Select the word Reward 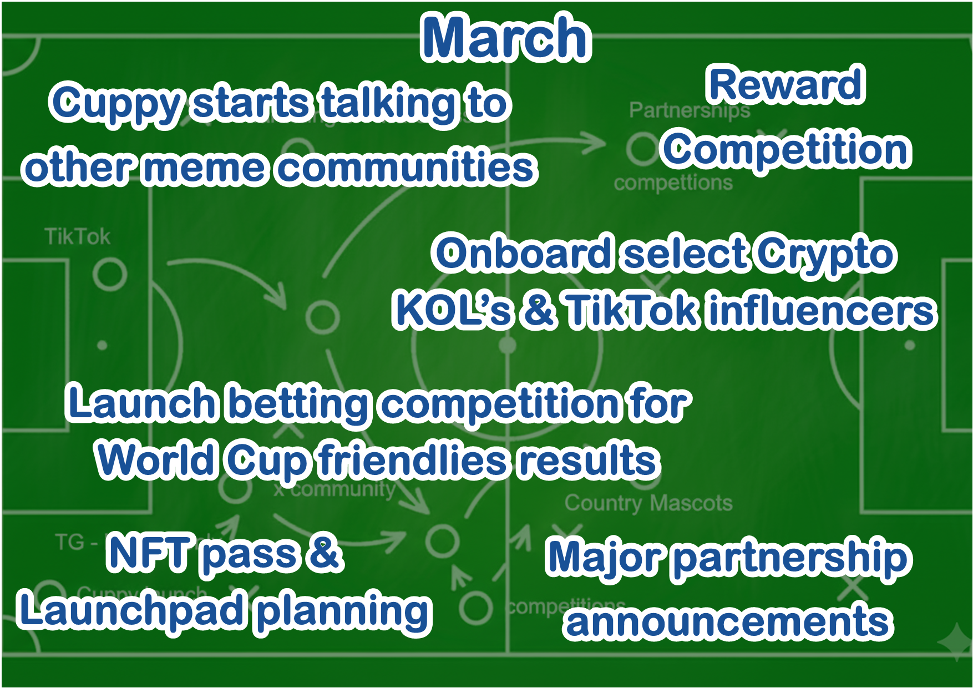point(786,85)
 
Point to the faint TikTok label point(78,237)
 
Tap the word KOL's point(453,311)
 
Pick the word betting point(300,404)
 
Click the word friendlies point(413,461)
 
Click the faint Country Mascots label point(648,503)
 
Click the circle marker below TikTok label point(109,274)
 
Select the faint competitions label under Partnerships point(672,183)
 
